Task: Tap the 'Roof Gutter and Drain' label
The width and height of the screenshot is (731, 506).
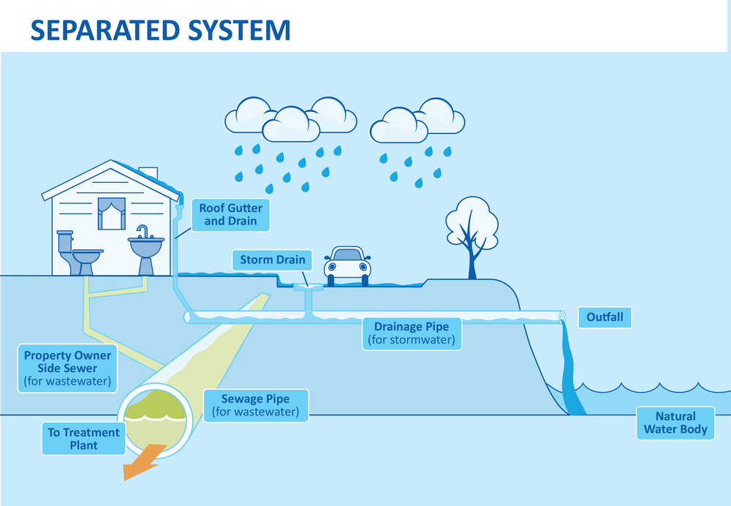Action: [x=230, y=214]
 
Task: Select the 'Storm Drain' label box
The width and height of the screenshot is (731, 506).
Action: [x=273, y=260]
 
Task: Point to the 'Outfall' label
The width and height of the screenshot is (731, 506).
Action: [x=605, y=318]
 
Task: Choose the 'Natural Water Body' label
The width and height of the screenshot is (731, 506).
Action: [x=675, y=423]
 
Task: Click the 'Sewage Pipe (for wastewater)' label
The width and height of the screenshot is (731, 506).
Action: [x=255, y=406]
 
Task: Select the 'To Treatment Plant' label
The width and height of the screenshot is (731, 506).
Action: [x=83, y=439]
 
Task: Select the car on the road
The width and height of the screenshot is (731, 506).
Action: [x=347, y=263]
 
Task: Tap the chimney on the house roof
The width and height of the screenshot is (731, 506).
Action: [x=148, y=173]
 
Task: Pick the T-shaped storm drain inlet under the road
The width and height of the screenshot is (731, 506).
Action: [x=309, y=296]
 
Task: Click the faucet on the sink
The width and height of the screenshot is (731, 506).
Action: [x=142, y=232]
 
